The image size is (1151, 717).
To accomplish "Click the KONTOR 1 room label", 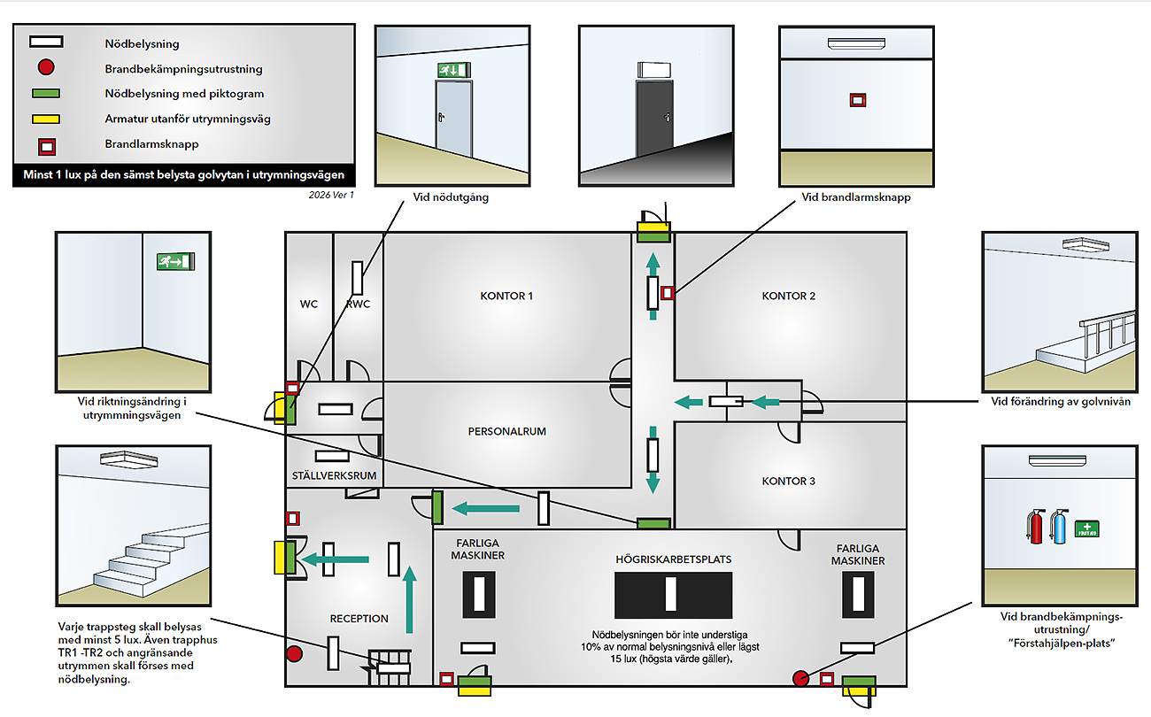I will [506, 296].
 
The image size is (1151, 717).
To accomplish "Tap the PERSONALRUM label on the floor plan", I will [507, 432].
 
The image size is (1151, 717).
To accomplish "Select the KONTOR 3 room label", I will [789, 482].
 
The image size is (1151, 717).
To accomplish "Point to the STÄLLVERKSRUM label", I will [334, 475].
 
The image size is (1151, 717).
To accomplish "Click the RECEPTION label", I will [359, 619].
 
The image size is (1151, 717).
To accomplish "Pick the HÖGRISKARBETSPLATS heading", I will [674, 559].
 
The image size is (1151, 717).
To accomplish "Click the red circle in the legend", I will [48, 67].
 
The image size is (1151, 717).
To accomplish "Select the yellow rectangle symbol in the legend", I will [48, 119].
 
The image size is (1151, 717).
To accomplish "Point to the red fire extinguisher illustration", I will [1036, 527].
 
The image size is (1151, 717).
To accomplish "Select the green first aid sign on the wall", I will [1087, 528].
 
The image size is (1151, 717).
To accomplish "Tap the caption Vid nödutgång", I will [451, 197].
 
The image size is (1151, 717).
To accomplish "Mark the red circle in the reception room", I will [294, 654].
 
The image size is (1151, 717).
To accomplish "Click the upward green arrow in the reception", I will [409, 600].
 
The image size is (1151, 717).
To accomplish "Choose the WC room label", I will [309, 305].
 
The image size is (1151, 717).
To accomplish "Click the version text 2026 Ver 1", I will [332, 195].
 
